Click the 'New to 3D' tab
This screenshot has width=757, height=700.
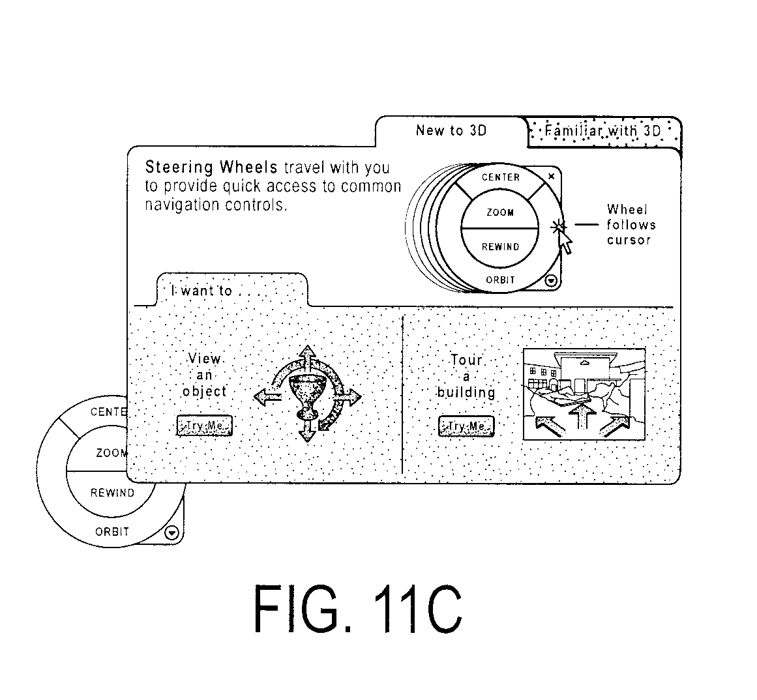(x=451, y=131)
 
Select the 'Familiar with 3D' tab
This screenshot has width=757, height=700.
(x=603, y=131)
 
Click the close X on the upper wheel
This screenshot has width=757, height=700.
(x=552, y=177)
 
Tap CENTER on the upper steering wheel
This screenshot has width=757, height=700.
(x=501, y=177)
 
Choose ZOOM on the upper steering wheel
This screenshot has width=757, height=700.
(x=500, y=212)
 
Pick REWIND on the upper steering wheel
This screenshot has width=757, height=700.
(x=501, y=247)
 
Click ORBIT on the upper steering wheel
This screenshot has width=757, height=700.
(x=501, y=280)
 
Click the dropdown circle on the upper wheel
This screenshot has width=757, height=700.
(x=551, y=281)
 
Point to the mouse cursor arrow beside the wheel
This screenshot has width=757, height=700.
(x=565, y=242)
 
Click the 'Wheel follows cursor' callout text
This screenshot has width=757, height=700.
(x=631, y=225)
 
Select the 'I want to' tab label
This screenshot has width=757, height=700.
(x=202, y=291)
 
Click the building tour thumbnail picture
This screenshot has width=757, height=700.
(x=584, y=394)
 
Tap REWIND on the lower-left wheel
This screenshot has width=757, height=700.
(x=113, y=493)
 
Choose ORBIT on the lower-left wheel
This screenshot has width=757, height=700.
(x=112, y=532)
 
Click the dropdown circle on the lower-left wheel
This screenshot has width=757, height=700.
(x=172, y=532)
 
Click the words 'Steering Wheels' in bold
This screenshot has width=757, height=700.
(x=211, y=168)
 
